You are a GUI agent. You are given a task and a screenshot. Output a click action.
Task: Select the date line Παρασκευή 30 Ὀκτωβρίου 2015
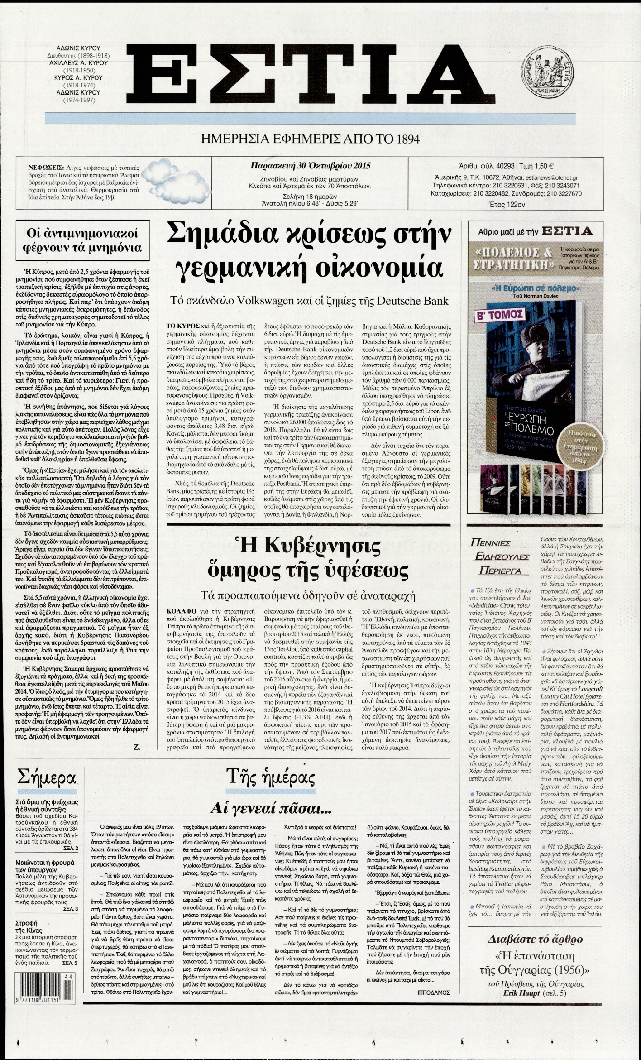pos(310,165)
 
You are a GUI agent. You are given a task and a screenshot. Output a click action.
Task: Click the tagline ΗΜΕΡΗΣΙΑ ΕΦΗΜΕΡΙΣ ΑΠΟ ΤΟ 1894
pos(310,139)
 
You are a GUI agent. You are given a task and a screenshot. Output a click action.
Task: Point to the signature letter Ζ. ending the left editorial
pos(137,748)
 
